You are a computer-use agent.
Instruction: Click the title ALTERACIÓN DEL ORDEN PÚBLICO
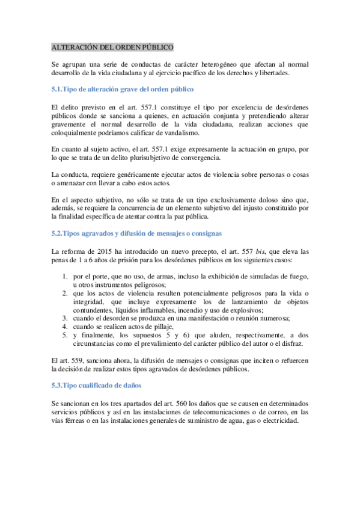click(113, 46)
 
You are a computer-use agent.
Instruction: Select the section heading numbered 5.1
click(123, 90)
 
